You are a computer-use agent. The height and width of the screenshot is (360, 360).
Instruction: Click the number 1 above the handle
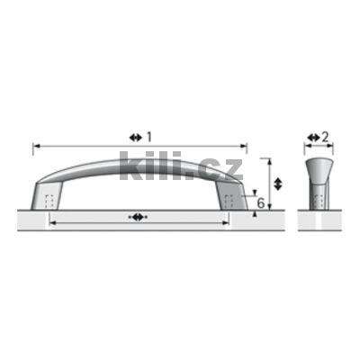(149, 138)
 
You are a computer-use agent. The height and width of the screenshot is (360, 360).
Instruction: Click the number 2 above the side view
(325, 138)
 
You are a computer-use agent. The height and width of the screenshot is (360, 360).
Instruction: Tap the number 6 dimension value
(261, 203)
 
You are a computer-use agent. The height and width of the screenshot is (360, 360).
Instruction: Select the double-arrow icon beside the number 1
(136, 138)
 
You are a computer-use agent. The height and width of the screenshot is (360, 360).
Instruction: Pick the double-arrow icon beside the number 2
(314, 138)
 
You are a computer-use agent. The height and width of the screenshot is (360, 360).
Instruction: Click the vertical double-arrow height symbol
(278, 184)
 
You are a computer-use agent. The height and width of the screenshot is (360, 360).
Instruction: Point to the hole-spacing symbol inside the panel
(138, 217)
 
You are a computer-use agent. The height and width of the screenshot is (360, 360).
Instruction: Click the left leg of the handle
(47, 195)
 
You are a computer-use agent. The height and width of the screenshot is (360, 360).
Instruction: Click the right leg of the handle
(231, 195)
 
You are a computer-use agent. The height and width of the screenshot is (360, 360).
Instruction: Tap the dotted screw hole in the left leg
(50, 201)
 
